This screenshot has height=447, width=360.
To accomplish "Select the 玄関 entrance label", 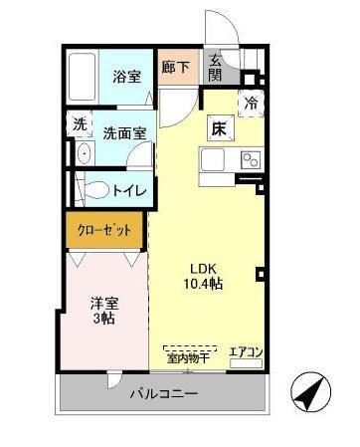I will click(215, 67).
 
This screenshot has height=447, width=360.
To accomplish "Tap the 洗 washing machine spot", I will click(80, 124).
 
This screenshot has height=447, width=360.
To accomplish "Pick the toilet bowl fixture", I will click(92, 189).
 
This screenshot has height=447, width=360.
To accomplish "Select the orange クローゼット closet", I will click(105, 230).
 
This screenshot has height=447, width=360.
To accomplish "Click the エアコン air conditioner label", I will click(246, 351).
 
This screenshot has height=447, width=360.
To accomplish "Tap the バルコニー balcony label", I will click(164, 394).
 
